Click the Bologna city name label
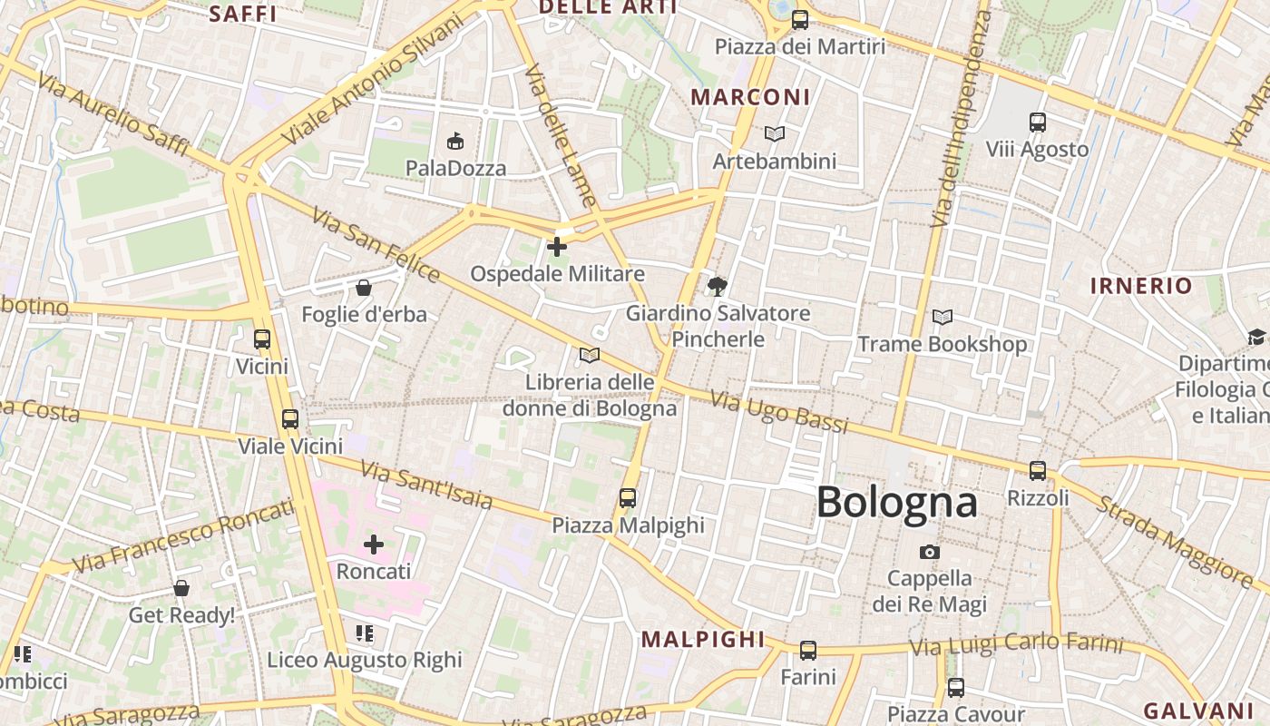click(896, 503)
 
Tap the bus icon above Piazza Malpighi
click(628, 497)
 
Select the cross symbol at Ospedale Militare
click(557, 246)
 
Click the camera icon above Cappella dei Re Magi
click(929, 552)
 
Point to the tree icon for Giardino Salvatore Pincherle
click(718, 287)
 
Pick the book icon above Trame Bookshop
click(943, 318)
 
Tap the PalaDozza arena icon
click(455, 142)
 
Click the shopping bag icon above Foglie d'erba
click(364, 288)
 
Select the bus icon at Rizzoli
click(1038, 470)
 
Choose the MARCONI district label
click(750, 97)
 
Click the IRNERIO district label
click(1141, 286)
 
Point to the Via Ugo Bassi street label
click(778, 412)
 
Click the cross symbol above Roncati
click(374, 544)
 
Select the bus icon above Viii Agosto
click(1038, 122)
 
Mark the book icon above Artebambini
click(774, 134)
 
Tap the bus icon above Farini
click(808, 650)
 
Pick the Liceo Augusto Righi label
click(365, 660)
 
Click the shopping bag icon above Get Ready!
click(181, 588)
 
